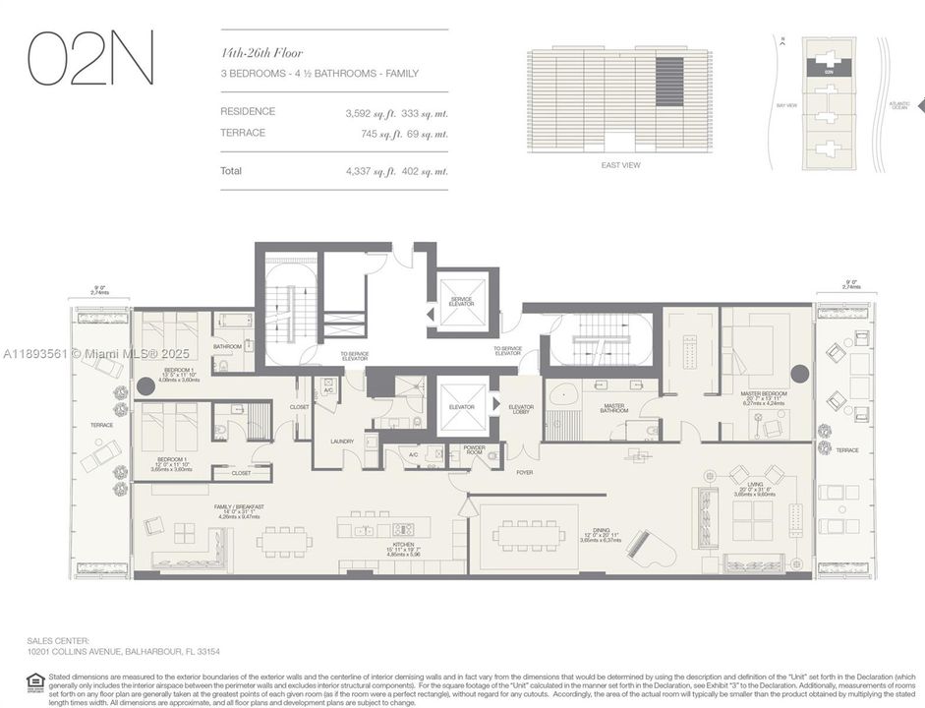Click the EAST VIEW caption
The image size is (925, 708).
point(620,165)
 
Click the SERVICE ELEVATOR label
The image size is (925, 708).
point(462,301)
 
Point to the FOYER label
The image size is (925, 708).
point(525,472)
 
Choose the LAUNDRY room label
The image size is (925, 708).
point(342,442)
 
